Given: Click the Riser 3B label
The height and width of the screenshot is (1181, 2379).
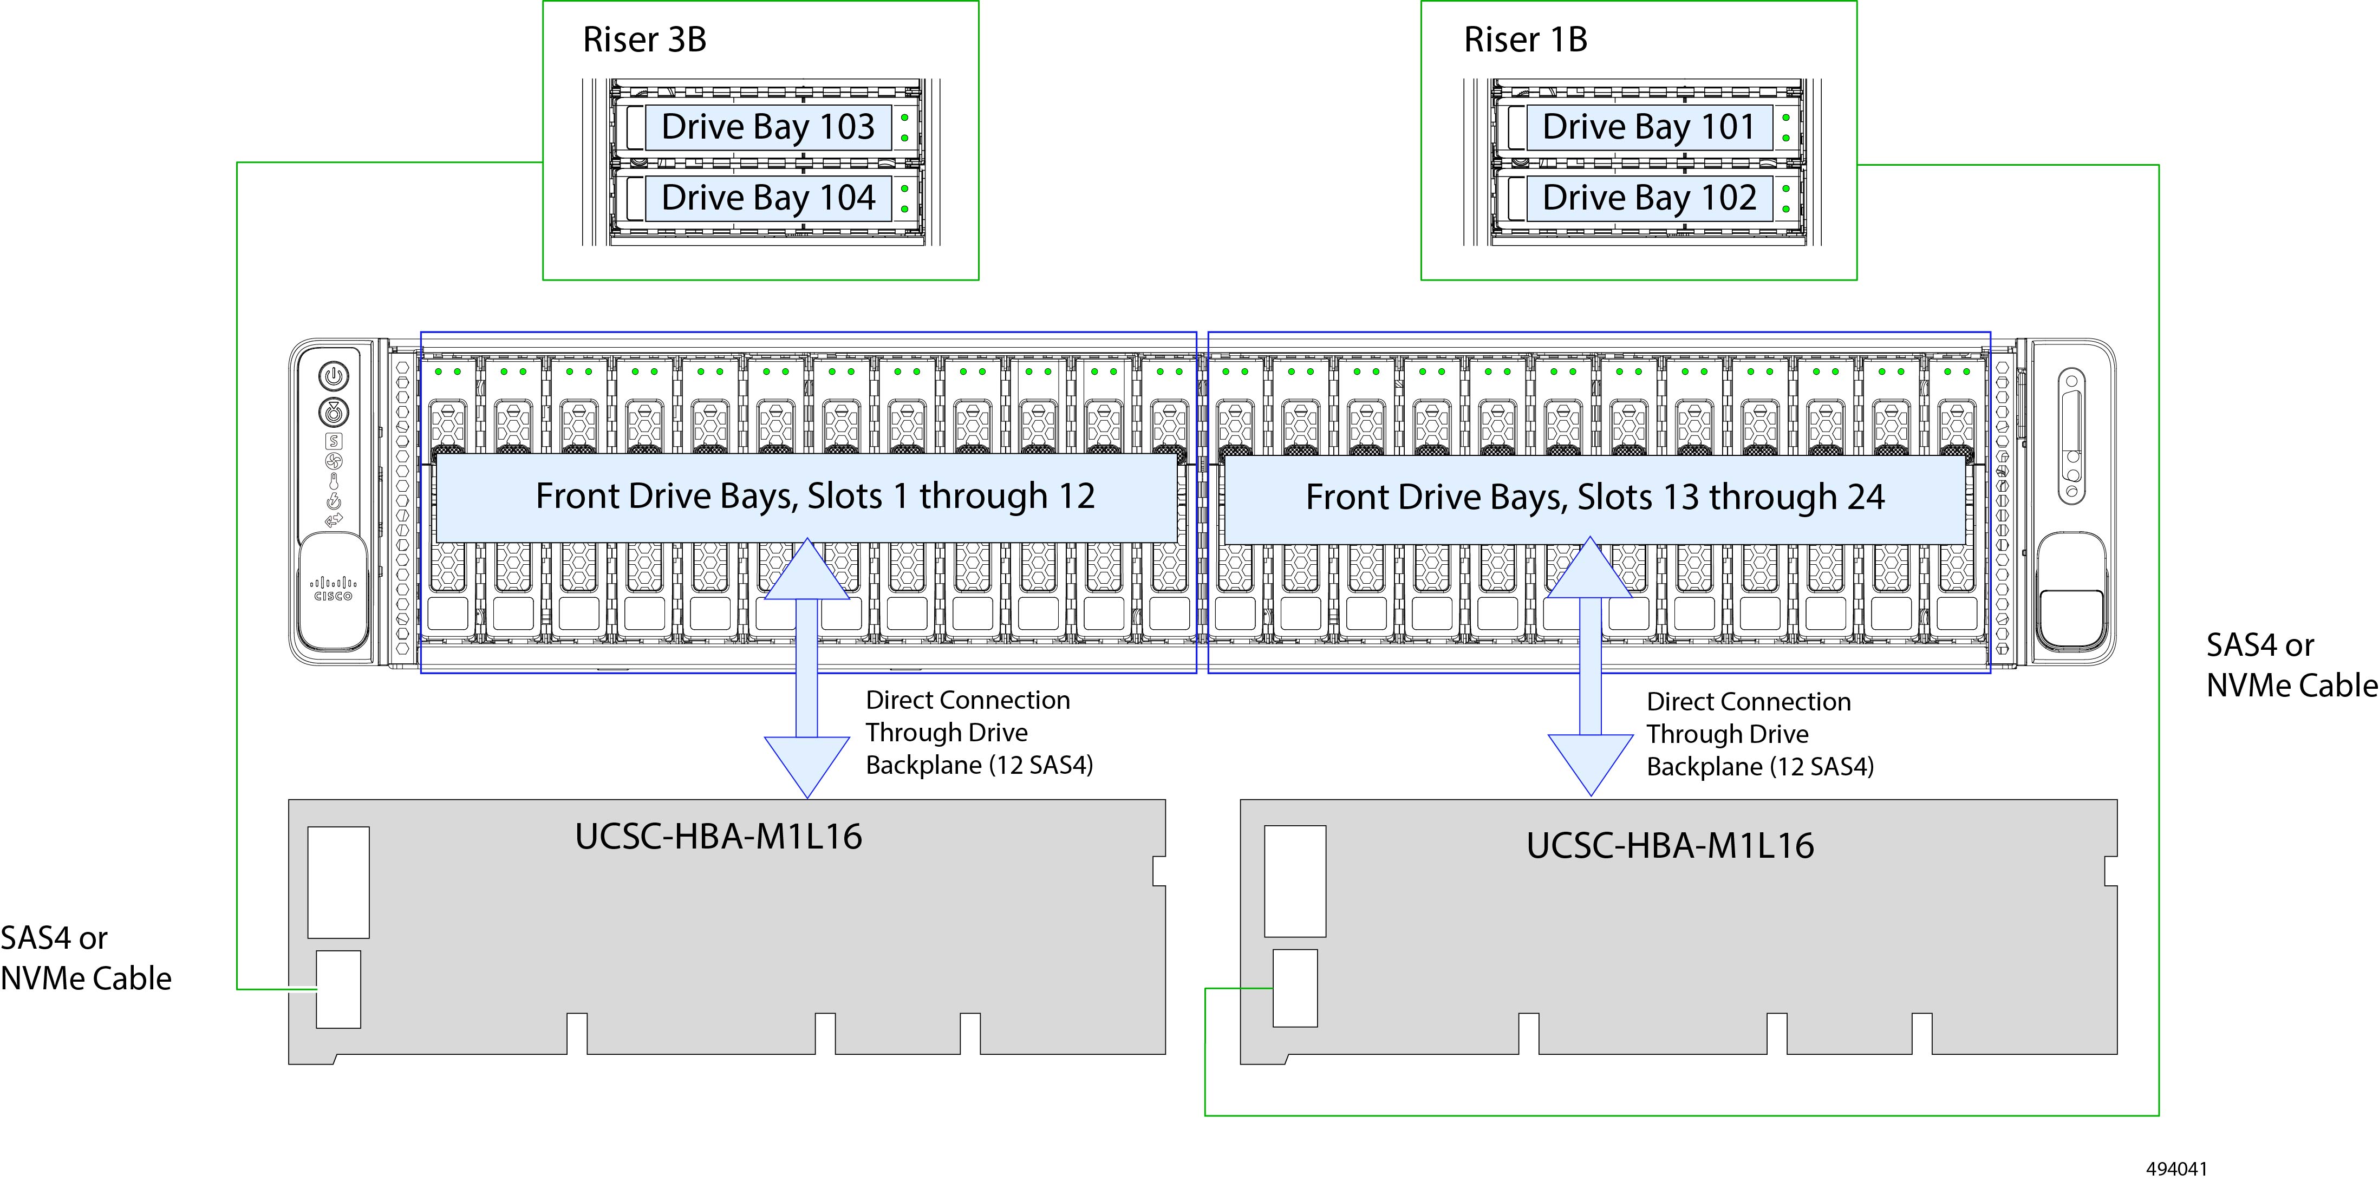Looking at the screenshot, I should (x=644, y=40).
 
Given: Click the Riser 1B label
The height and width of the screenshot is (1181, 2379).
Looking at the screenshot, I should (x=1526, y=40).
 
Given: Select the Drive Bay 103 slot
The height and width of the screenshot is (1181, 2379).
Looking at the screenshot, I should (x=767, y=127).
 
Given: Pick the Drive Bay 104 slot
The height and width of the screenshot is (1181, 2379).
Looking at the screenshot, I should (x=767, y=198).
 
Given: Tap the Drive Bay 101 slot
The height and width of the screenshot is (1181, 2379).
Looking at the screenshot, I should (x=1648, y=127).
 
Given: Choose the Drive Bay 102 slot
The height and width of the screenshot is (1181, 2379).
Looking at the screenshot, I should (x=1648, y=198).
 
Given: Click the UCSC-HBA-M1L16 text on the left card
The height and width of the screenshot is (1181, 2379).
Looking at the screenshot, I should (x=719, y=837).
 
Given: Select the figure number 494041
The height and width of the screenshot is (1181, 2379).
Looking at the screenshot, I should (x=2176, y=1168).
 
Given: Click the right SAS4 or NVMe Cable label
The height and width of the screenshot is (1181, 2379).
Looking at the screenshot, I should (x=2290, y=665).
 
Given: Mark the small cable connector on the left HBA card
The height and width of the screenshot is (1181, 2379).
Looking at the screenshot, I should (x=338, y=989).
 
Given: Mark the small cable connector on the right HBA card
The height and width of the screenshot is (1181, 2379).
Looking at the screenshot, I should (x=1295, y=987).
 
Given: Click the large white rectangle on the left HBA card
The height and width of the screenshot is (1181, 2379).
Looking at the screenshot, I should (x=338, y=882).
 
